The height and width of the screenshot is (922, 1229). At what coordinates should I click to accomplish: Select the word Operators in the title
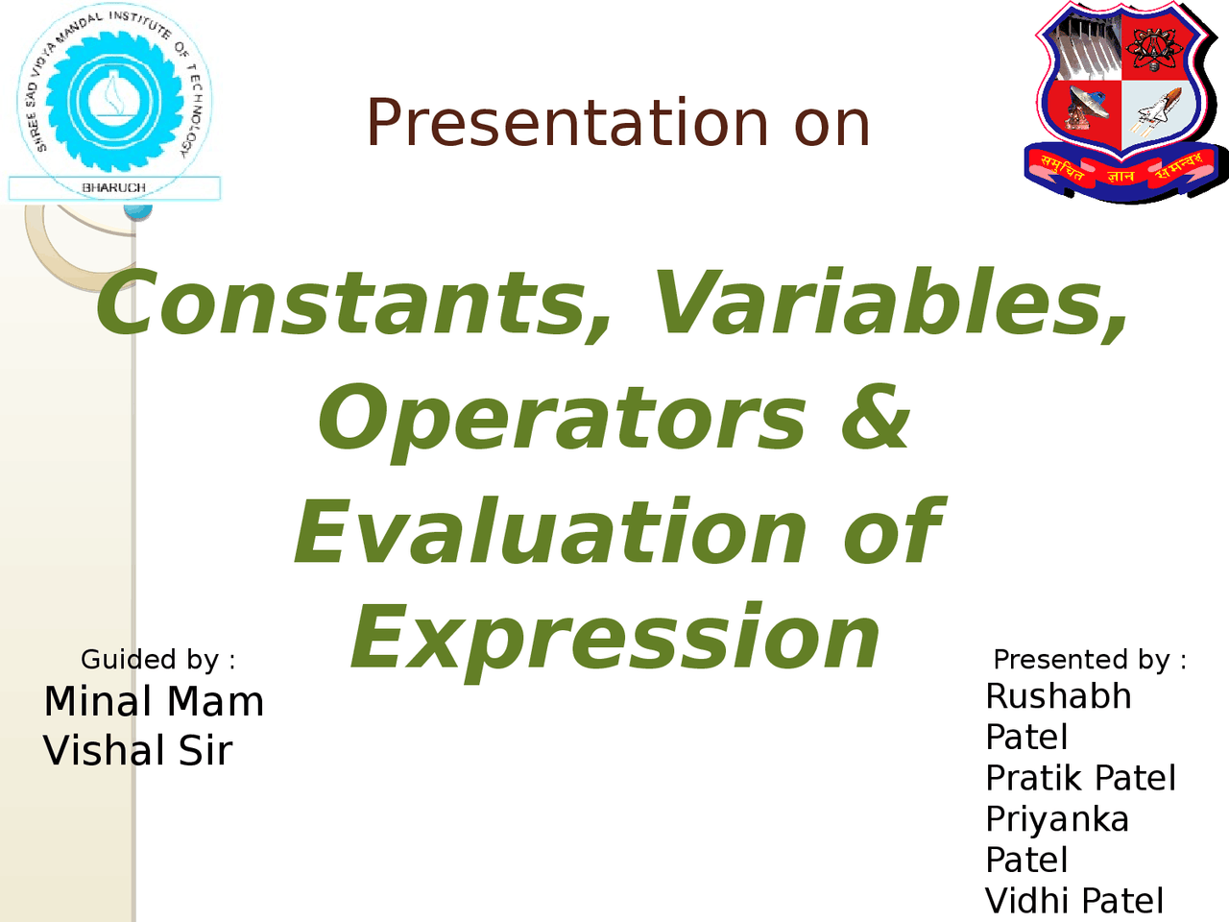563,419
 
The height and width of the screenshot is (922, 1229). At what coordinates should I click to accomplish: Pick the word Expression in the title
615,639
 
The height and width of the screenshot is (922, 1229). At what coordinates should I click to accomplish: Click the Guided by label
157,660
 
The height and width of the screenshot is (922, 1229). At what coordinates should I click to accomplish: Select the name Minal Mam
154,702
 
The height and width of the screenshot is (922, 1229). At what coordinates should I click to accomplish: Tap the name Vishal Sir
138,751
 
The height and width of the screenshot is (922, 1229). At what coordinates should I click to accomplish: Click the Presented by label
1090,660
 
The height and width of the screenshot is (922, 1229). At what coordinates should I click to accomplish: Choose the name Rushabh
1058,696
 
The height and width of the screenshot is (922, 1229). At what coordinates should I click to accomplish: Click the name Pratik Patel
1080,778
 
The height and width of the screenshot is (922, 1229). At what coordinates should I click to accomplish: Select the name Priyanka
1057,819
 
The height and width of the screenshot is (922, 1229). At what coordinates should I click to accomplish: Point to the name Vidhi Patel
1074,901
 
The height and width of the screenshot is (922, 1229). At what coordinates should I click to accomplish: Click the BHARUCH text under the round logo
114,188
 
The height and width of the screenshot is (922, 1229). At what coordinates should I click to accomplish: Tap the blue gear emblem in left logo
113,99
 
